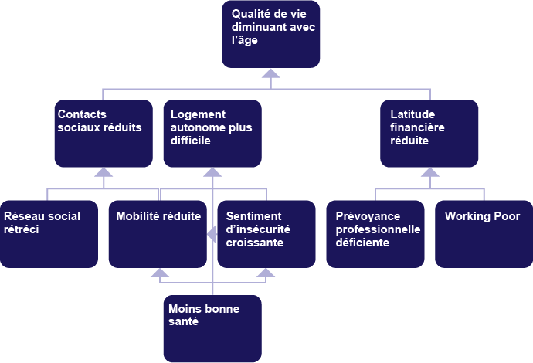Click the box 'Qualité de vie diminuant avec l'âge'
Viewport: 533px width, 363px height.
click(270, 34)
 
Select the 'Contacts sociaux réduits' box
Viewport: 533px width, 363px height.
click(104, 133)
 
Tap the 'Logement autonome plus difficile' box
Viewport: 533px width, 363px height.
click(212, 133)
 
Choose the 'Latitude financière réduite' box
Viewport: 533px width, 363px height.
click(429, 133)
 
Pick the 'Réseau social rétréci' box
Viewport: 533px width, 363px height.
click(49, 234)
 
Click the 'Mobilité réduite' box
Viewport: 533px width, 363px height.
click(158, 234)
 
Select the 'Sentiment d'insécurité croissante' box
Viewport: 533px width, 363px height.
click(266, 234)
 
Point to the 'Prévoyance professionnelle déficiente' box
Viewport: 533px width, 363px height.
click(375, 234)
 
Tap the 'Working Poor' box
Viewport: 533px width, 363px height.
click(484, 234)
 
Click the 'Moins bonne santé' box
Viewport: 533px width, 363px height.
click(212, 328)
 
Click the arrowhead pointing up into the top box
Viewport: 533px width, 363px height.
click(270, 74)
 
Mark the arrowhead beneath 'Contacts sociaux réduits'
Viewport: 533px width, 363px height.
click(104, 172)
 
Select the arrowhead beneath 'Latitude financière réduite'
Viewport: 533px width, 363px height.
click(429, 172)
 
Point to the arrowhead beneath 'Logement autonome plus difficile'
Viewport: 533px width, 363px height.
click(212, 172)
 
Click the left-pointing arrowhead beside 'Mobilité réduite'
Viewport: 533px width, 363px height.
click(209, 234)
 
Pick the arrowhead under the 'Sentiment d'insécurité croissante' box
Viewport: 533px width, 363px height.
click(266, 273)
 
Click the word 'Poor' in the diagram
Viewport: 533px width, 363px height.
click(506, 217)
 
